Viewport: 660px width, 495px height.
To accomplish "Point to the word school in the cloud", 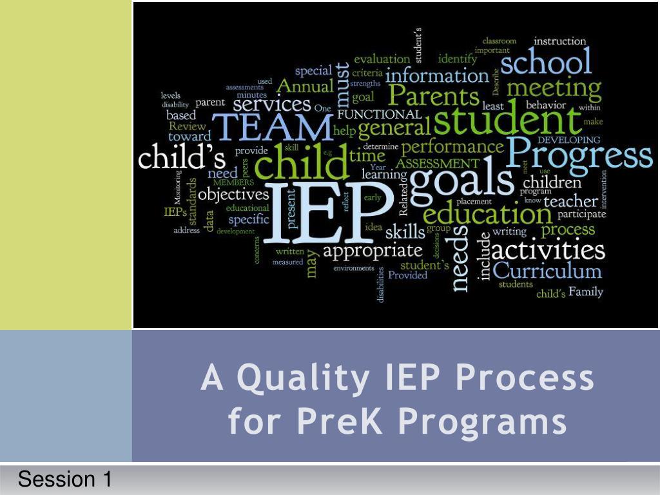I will (x=545, y=63).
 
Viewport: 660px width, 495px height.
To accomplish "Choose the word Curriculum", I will (x=547, y=270).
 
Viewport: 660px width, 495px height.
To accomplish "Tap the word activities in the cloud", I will (x=548, y=248).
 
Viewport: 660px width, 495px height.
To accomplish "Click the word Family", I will (x=585, y=292).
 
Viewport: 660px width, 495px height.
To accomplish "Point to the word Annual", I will (x=305, y=86).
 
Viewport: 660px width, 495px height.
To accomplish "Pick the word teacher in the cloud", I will (x=570, y=201).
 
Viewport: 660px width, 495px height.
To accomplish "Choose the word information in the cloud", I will (x=437, y=75).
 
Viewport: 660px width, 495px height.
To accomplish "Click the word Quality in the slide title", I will (x=303, y=379).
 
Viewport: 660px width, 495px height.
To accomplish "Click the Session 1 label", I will (x=64, y=480).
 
